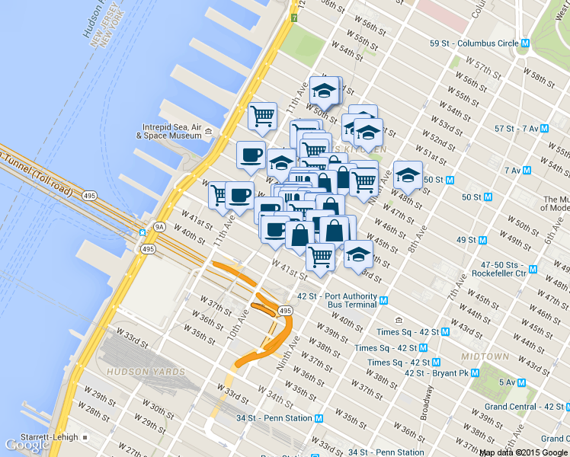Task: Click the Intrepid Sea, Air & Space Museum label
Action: point(169,132)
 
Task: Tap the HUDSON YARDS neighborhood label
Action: point(146,372)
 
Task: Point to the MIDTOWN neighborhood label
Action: point(485,356)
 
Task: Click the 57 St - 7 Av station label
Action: point(516,129)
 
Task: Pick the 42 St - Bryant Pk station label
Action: point(435,372)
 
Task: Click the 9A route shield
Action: point(159,226)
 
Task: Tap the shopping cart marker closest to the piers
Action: point(262,117)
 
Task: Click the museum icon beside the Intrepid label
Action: point(208,133)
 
